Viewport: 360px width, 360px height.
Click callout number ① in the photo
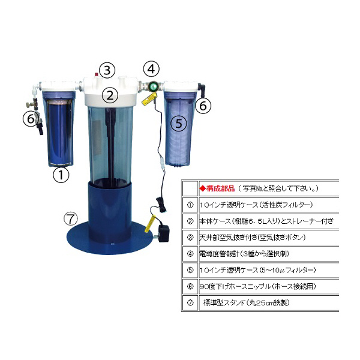click(61, 175)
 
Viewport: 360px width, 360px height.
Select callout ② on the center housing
click(109, 94)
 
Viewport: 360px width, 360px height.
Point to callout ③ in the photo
click(106, 70)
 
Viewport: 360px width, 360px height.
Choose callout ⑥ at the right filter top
click(205, 106)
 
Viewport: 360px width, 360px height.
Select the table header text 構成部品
click(218, 187)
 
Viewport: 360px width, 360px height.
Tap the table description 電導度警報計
click(222, 253)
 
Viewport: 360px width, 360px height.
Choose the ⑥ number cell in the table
click(190, 286)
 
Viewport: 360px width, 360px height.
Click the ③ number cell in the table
click(190, 237)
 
